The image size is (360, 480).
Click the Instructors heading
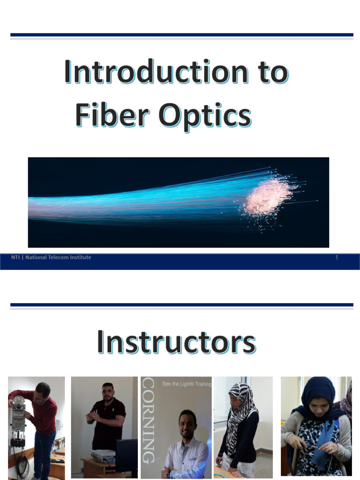(x=176, y=343)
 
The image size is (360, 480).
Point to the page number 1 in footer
(x=337, y=257)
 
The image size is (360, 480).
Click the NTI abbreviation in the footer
(x=15, y=257)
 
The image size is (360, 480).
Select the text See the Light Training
(x=186, y=384)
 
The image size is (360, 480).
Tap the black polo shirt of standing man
(x=108, y=422)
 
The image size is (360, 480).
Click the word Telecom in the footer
(x=58, y=257)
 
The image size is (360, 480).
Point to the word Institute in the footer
(x=80, y=257)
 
